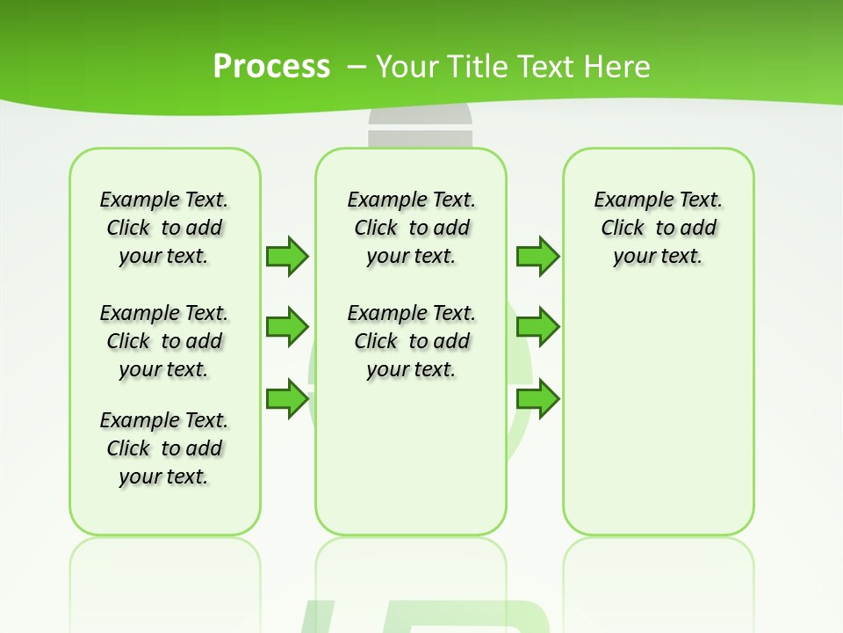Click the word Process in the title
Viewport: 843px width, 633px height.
pyautogui.click(x=271, y=66)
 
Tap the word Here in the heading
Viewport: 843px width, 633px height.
pyautogui.click(x=618, y=66)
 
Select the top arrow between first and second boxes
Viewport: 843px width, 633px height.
pyautogui.click(x=287, y=256)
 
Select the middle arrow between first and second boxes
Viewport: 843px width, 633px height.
pyautogui.click(x=287, y=327)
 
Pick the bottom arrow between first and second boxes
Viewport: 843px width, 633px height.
pyautogui.click(x=287, y=398)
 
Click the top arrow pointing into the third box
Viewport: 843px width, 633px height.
pyautogui.click(x=537, y=256)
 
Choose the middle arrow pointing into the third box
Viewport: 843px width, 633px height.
pyautogui.click(x=537, y=327)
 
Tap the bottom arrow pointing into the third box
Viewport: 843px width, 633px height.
pyautogui.click(x=537, y=398)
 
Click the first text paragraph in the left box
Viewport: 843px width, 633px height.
pyautogui.click(x=164, y=228)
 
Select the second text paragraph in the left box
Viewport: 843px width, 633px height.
pyautogui.click(x=164, y=341)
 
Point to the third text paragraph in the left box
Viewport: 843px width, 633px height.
pyautogui.click(x=164, y=448)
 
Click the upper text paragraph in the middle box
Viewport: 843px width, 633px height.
pyautogui.click(x=412, y=228)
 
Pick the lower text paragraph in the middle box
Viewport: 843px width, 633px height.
pyautogui.click(x=412, y=341)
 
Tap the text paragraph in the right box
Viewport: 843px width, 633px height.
pyautogui.click(x=659, y=228)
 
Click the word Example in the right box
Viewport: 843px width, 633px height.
pyautogui.click(x=629, y=200)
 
